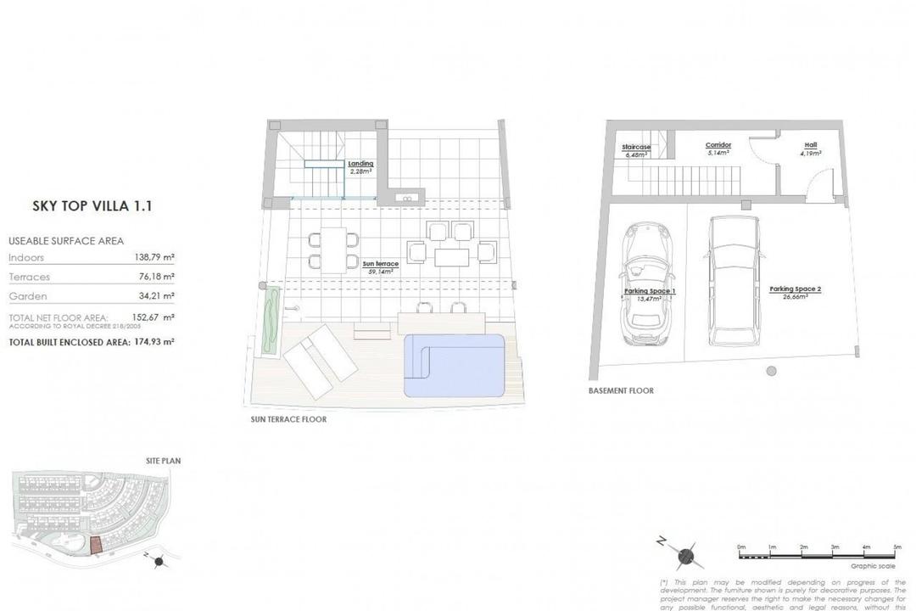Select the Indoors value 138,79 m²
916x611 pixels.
click(x=155, y=257)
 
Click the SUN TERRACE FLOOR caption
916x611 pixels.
click(x=288, y=419)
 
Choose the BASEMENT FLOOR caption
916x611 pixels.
click(x=621, y=391)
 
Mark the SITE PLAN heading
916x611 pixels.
click(x=163, y=461)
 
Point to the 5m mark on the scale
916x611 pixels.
click(x=897, y=547)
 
